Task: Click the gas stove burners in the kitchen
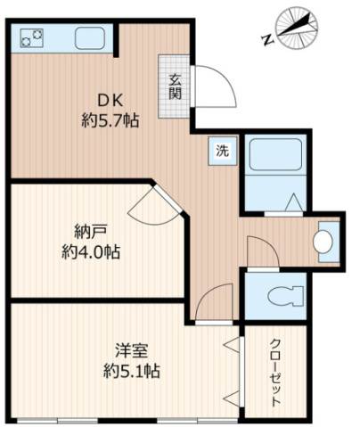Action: click(x=30, y=38)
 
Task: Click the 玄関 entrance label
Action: click(x=174, y=85)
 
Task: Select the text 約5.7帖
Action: click(x=109, y=119)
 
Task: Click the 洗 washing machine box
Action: click(x=221, y=151)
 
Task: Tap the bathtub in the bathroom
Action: click(x=275, y=158)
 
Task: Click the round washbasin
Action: click(x=324, y=241)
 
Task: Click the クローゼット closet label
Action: click(x=274, y=370)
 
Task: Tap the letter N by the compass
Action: click(x=267, y=39)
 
